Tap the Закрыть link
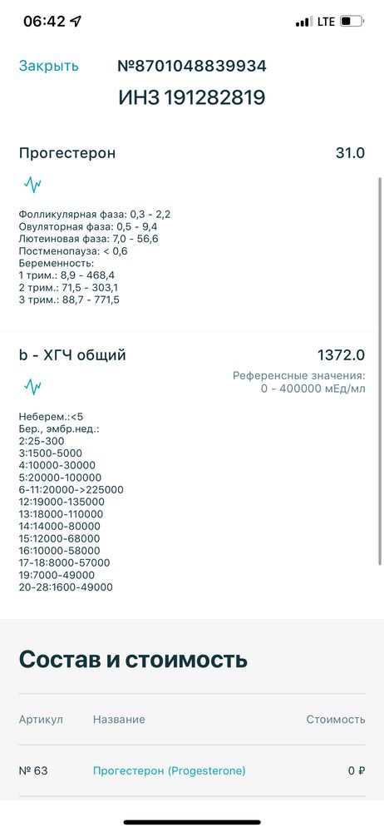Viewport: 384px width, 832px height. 49,66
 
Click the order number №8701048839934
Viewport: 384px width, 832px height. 192,66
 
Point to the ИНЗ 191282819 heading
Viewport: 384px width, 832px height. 192,98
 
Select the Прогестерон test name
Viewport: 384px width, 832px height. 67,153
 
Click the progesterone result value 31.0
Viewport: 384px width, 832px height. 349,153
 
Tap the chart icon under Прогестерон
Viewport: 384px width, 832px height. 32,184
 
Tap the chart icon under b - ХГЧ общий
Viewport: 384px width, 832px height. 32,386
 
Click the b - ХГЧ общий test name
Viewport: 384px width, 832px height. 72,355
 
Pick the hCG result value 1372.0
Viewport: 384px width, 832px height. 341,355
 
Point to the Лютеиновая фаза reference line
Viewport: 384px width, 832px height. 88,239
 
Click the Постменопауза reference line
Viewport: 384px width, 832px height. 73,250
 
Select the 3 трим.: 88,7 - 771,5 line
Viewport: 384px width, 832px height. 69,300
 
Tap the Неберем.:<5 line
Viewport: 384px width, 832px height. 52,416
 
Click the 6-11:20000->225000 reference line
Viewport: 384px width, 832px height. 71,490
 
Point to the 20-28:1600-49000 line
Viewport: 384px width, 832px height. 66,587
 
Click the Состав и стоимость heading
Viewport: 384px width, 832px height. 133,660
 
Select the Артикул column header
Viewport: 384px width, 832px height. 41,719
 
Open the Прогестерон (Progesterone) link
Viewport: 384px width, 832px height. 169,770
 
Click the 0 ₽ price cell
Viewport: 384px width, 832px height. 356,770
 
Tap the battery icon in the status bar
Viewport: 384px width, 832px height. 352,22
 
